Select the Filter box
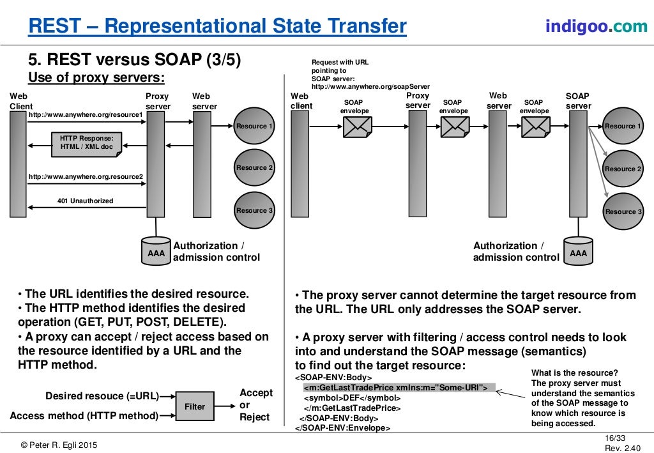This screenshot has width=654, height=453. click(x=195, y=406)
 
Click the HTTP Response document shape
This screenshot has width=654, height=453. click(x=86, y=143)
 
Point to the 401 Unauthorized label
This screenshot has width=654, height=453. click(x=85, y=201)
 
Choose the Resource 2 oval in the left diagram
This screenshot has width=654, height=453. click(x=254, y=167)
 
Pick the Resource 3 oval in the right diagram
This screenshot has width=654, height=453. click(x=623, y=211)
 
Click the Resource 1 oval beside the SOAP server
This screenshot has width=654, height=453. click(x=623, y=127)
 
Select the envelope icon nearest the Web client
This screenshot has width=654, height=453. click(x=357, y=127)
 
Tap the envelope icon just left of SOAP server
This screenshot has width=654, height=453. click(x=535, y=127)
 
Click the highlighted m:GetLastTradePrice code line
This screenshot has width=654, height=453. click(x=395, y=387)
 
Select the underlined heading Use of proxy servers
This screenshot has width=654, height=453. click(x=96, y=78)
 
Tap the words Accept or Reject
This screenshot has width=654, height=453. click(x=255, y=404)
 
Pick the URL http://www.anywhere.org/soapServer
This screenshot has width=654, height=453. click(x=370, y=86)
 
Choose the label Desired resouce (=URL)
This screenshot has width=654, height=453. click(x=102, y=396)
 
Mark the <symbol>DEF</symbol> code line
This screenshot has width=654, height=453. click(x=351, y=397)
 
